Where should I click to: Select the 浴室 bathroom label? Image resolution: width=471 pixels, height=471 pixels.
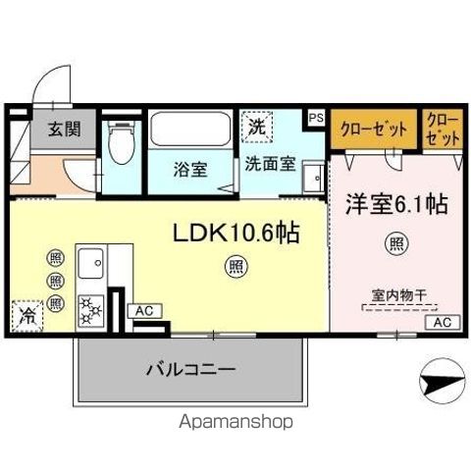pyautogui.click(x=189, y=168)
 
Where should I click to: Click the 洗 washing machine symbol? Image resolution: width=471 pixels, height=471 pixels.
pyautogui.click(x=256, y=127)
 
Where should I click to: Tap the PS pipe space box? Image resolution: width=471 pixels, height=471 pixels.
pyautogui.click(x=315, y=116)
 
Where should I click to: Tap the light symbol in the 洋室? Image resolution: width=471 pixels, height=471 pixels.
pyautogui.click(x=395, y=243)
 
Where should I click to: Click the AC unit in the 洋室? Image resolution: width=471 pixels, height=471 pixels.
pyautogui.click(x=442, y=322)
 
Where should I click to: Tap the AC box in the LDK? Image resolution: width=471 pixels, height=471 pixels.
pyautogui.click(x=144, y=311)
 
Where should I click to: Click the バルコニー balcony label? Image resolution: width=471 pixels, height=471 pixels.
pyautogui.click(x=191, y=370)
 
